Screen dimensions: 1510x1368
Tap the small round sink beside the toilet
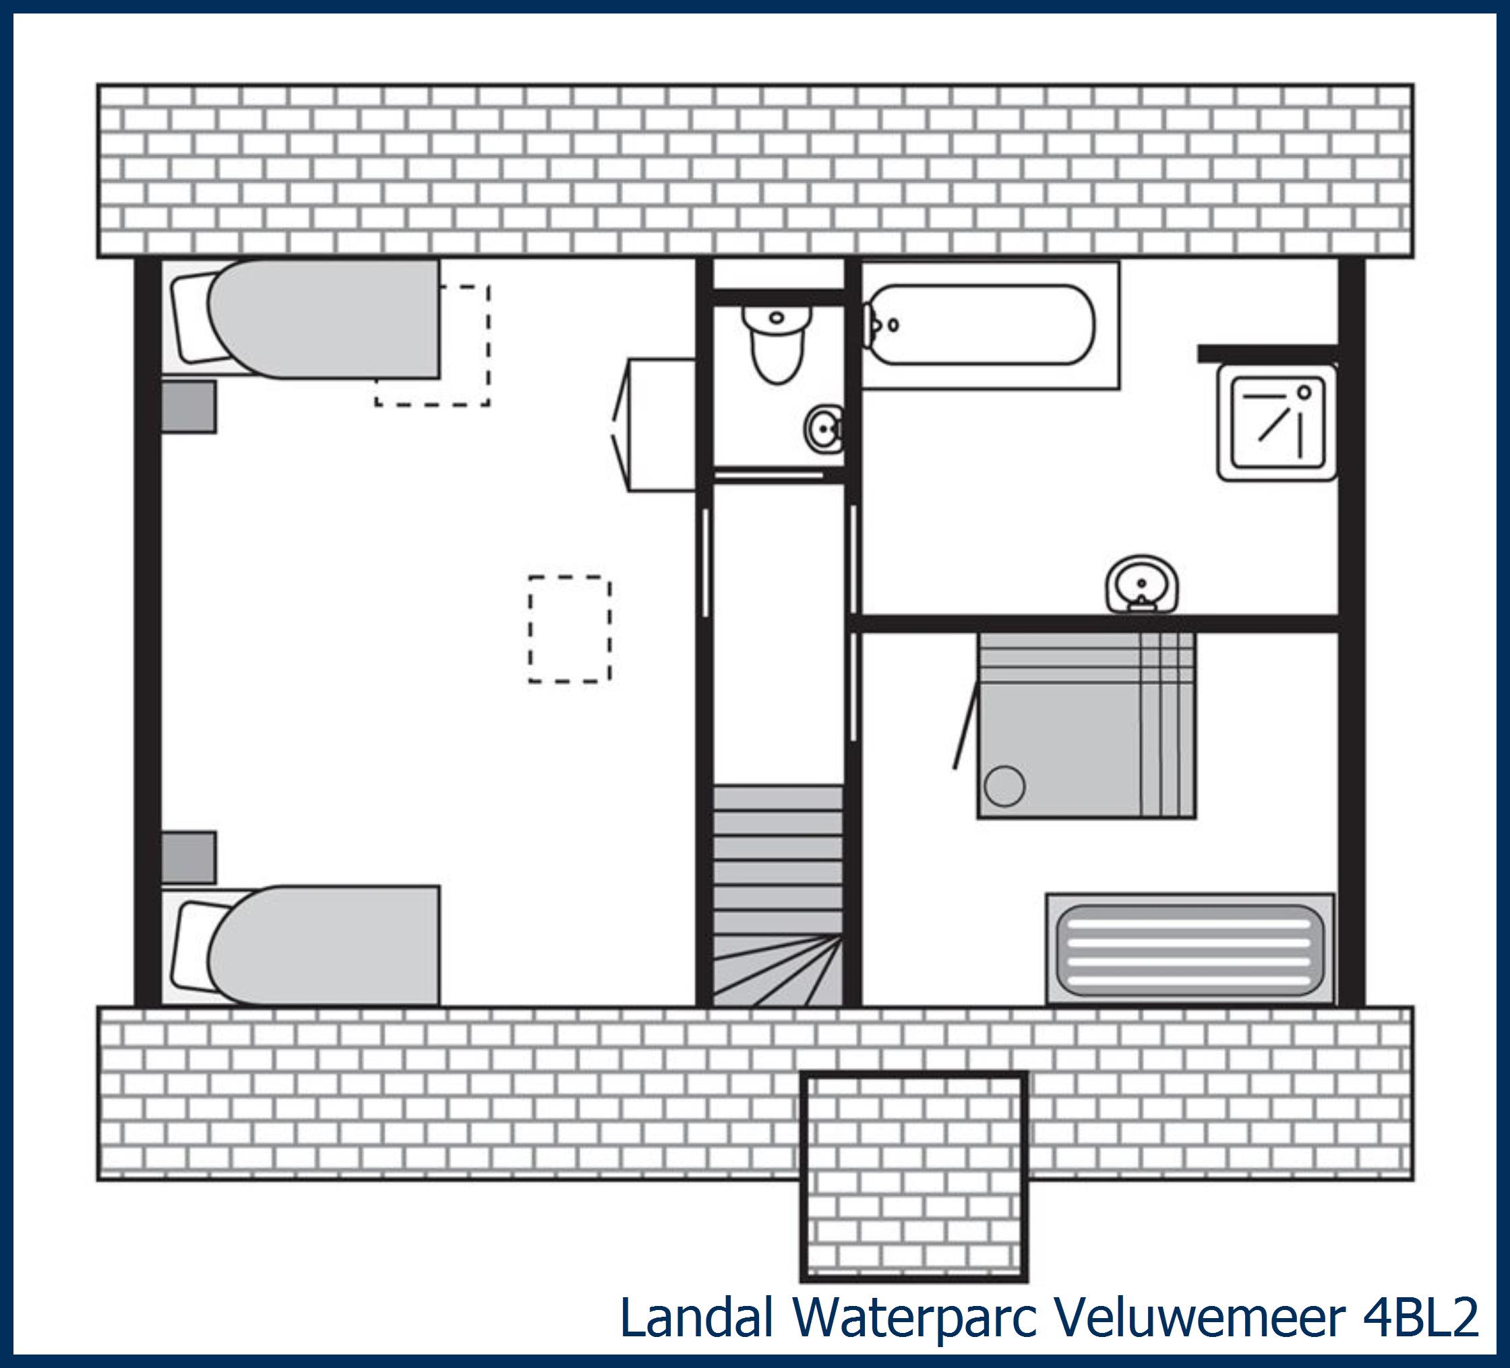pos(824,429)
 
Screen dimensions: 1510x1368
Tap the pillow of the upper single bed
pos(191,318)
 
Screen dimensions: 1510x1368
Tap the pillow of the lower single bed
pos(191,946)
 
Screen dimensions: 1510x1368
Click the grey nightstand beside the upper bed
pos(189,407)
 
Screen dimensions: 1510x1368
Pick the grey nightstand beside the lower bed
pos(189,858)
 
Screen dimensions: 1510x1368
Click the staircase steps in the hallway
pos(777,895)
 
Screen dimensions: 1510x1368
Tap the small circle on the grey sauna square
pos(1004,786)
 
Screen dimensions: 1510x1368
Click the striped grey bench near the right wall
pos(1190,948)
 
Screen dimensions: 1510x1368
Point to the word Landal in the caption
pos(696,1316)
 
